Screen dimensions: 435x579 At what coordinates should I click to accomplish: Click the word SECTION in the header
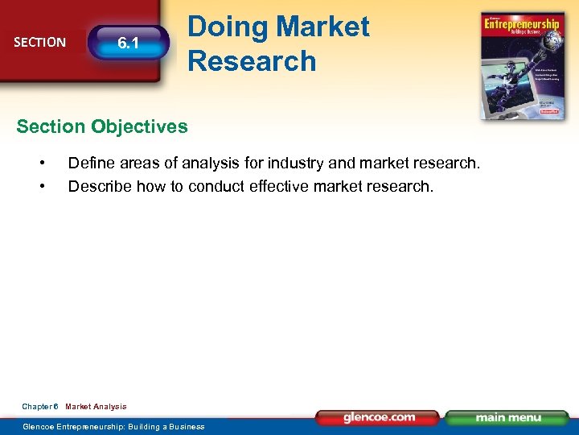tap(40, 42)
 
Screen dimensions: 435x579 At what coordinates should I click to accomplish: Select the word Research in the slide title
tap(252, 60)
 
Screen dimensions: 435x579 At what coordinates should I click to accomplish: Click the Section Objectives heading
tap(102, 126)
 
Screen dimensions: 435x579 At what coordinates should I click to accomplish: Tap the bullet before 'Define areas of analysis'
tap(43, 164)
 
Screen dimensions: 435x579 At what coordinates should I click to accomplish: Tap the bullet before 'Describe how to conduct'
tap(43, 186)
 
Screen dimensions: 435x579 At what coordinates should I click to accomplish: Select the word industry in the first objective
tap(293, 164)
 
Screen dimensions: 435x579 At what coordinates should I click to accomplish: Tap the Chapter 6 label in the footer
tap(40, 407)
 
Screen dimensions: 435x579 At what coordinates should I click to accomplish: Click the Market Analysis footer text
tap(96, 407)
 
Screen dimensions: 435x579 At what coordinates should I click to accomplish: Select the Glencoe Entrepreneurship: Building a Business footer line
tap(113, 426)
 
